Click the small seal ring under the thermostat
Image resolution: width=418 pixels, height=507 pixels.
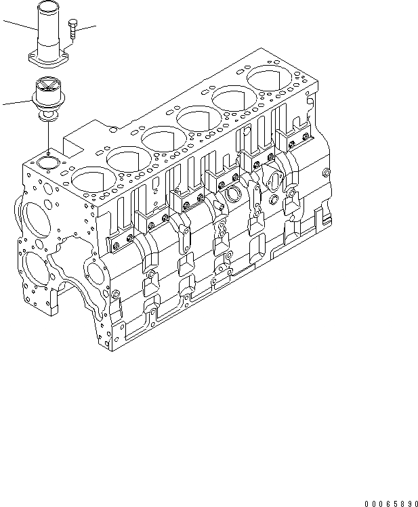[x=48, y=116]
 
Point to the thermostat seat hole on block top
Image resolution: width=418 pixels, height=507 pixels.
[x=47, y=162]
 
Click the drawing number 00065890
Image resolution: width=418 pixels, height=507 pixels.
[x=391, y=504]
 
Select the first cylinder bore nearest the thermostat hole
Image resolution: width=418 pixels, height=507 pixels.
[x=91, y=180]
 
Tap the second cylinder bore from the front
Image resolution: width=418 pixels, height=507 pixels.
[x=127, y=160]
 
